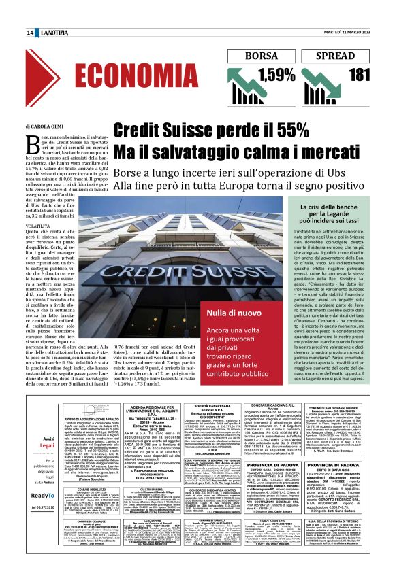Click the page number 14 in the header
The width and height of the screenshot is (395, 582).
pyautogui.click(x=31, y=32)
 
